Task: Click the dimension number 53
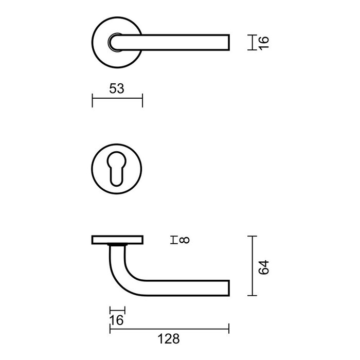tap(117, 88)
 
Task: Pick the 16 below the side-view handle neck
tap(117, 321)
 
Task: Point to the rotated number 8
tap(185, 240)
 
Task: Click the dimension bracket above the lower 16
tap(117, 310)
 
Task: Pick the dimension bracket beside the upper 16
tap(250, 42)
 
